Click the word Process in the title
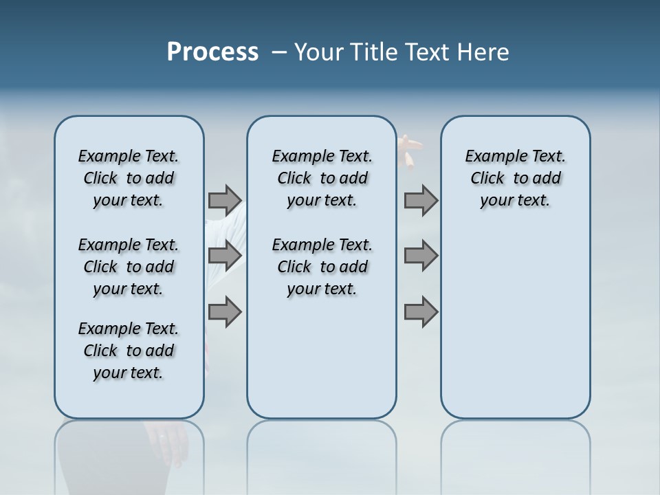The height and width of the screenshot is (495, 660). pyautogui.click(x=212, y=52)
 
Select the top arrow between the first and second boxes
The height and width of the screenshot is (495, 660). pyautogui.click(x=225, y=200)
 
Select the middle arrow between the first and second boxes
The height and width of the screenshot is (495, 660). pyautogui.click(x=225, y=256)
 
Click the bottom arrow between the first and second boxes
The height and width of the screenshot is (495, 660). pyautogui.click(x=225, y=311)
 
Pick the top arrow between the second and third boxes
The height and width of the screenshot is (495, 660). pyautogui.click(x=421, y=200)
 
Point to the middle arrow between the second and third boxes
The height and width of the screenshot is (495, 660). pyautogui.click(x=421, y=256)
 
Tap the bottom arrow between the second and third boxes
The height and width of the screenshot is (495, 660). pyautogui.click(x=421, y=311)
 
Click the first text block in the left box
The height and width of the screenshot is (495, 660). pyautogui.click(x=129, y=178)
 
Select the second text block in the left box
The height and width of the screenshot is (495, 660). pyautogui.click(x=129, y=267)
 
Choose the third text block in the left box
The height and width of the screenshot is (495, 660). pyautogui.click(x=129, y=351)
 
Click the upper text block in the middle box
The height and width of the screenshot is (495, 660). pyautogui.click(x=322, y=178)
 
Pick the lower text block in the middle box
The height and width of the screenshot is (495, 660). pyautogui.click(x=322, y=267)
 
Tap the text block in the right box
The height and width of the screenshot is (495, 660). pyautogui.click(x=515, y=178)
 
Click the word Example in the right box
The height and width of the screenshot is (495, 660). pyautogui.click(x=490, y=156)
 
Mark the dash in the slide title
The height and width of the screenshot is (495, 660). pyautogui.click(x=279, y=52)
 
